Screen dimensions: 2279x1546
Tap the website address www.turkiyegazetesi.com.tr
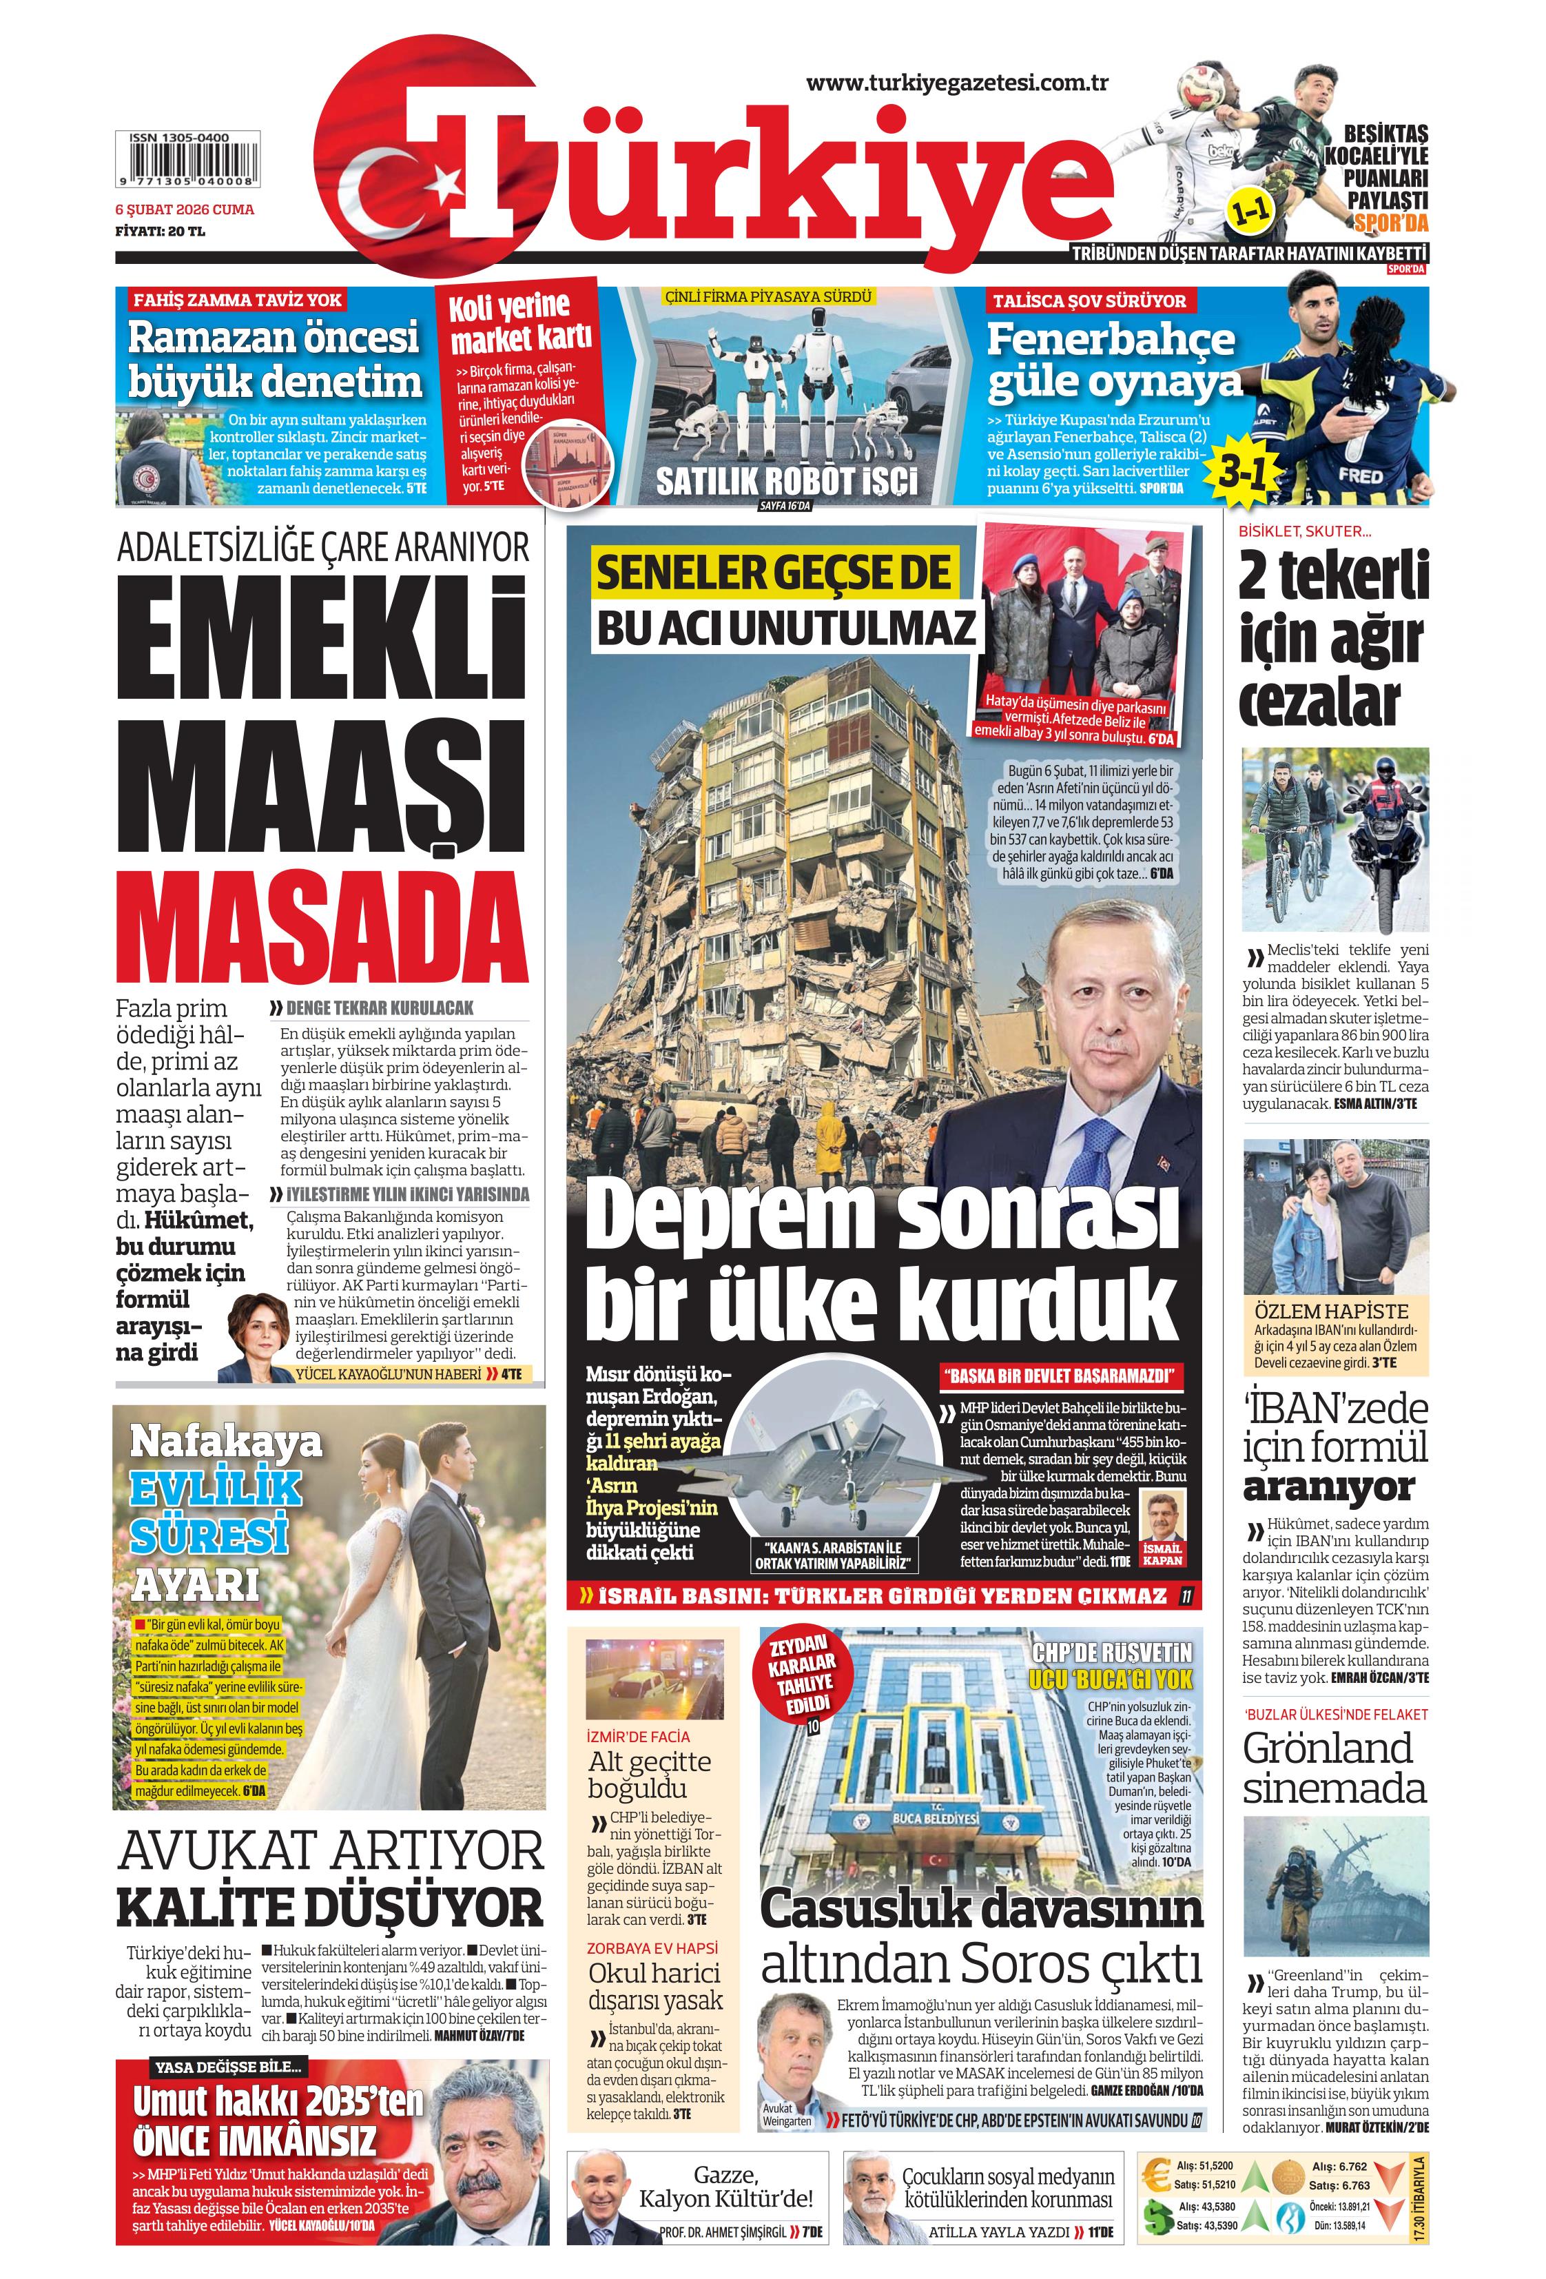coord(957,83)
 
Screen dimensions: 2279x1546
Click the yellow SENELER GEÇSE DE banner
coord(774,573)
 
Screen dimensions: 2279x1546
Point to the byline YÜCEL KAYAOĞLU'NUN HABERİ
coord(388,1374)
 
